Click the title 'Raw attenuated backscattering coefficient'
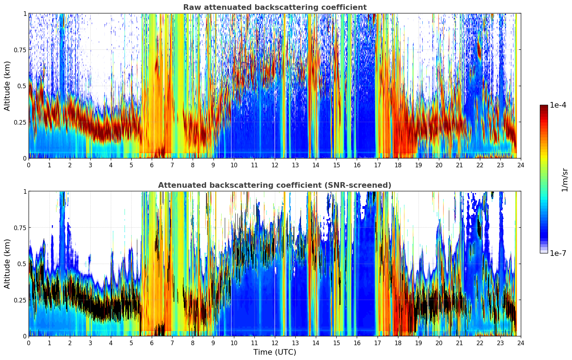click(x=275, y=7)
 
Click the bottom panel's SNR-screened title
click(x=275, y=185)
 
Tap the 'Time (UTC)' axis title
click(x=275, y=352)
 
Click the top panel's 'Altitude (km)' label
click(x=7, y=86)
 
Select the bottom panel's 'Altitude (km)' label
click(x=7, y=264)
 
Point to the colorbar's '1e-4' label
click(x=558, y=105)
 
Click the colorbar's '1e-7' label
click(x=558, y=253)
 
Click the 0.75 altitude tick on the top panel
click(x=20, y=50)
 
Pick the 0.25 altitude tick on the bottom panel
click(x=20, y=300)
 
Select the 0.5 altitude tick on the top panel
click(x=22, y=86)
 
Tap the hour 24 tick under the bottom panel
click(x=521, y=343)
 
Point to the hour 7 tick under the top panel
click(x=172, y=165)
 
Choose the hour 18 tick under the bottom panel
click(x=398, y=343)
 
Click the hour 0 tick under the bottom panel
click(x=29, y=343)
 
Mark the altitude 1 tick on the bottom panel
click(x=25, y=191)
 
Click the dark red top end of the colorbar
click(x=543, y=106)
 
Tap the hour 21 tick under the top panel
click(x=459, y=165)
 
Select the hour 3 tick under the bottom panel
click(x=90, y=343)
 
